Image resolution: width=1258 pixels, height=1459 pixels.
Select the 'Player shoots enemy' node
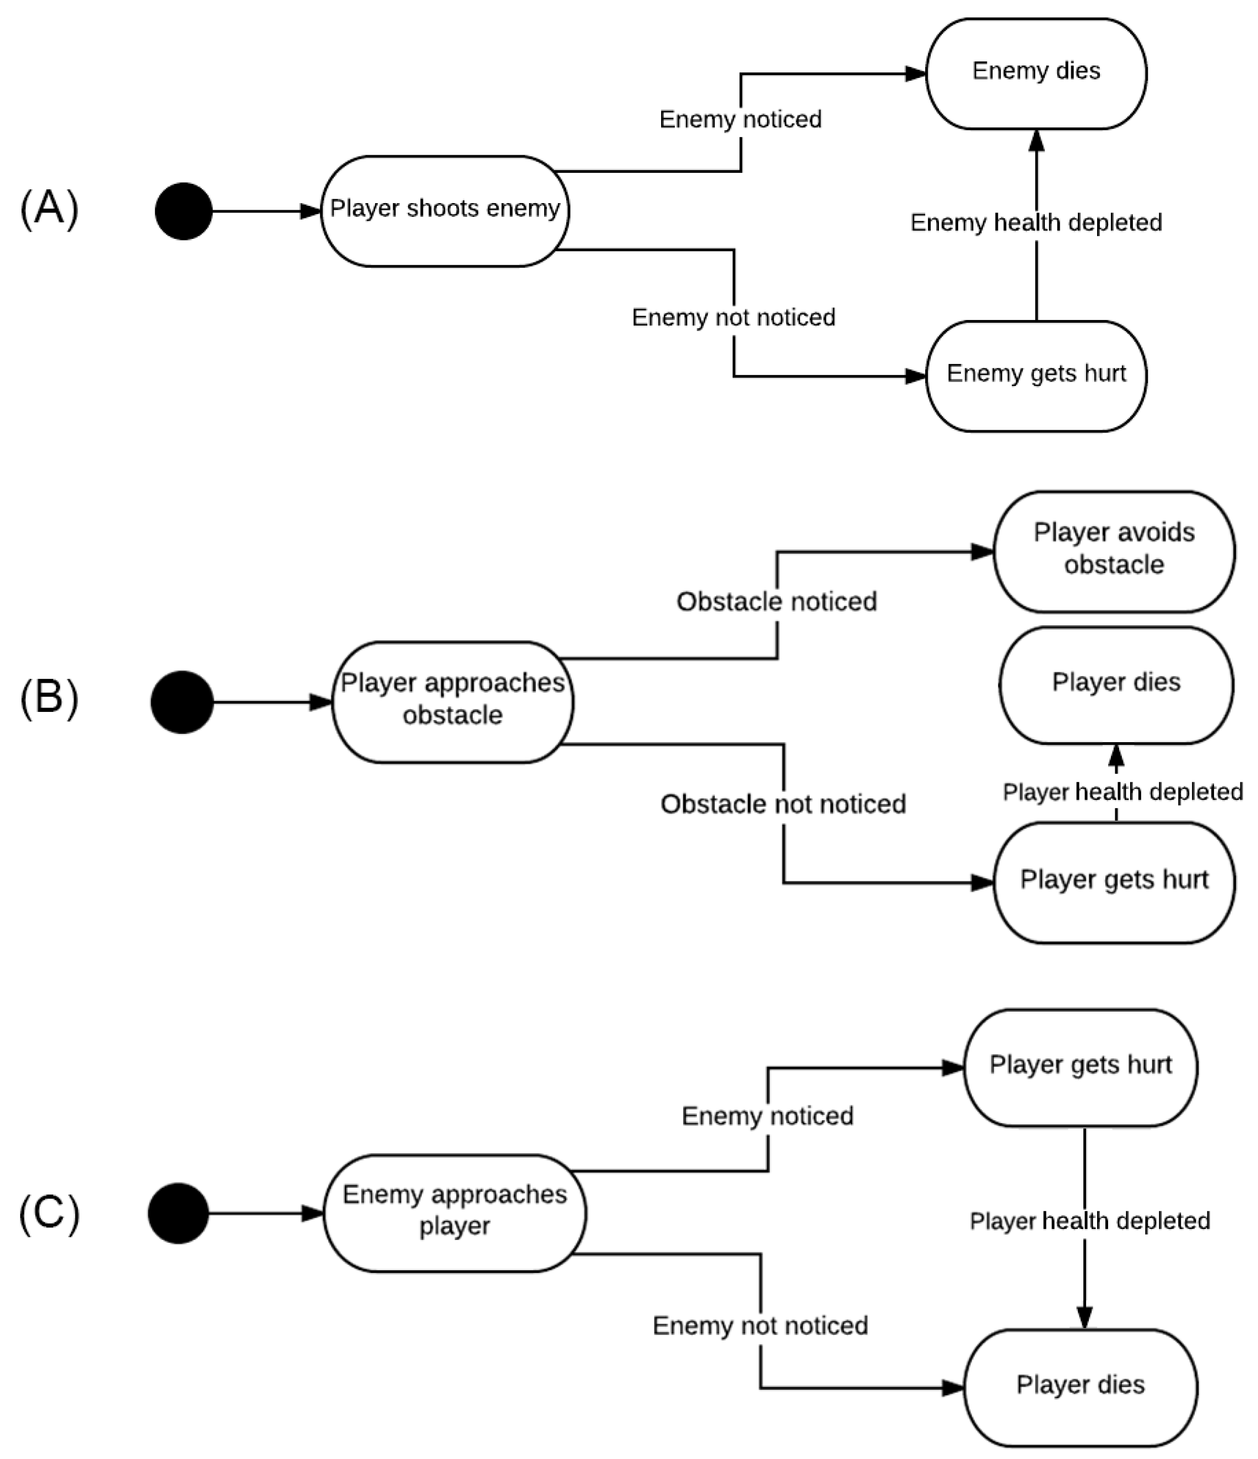coord(445,211)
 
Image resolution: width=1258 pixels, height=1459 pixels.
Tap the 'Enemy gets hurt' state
coord(1036,376)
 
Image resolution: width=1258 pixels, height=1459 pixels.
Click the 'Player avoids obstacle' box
coord(1114,552)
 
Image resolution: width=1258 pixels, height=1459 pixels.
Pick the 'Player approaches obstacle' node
coord(453,702)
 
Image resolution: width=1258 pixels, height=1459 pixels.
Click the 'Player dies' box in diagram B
coord(1116,685)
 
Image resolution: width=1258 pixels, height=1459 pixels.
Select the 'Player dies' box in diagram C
coord(1081,1387)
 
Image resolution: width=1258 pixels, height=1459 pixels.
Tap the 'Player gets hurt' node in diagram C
coord(1081,1068)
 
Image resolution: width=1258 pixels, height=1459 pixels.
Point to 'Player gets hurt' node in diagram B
coord(1114,882)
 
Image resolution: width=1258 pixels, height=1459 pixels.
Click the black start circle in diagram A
coord(184,211)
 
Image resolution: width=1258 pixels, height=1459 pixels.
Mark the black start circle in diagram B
coord(182,702)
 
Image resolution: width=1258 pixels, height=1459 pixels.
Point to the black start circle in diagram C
coord(178,1213)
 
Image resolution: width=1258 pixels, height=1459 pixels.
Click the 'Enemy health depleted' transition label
coord(1036,222)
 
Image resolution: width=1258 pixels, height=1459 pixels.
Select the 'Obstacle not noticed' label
coord(783,804)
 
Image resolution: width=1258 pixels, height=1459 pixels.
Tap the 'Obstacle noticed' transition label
coord(777,602)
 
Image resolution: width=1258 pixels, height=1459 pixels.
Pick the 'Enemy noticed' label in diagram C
coord(768,1116)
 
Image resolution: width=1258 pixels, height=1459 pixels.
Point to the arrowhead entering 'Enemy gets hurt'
coord(916,376)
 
